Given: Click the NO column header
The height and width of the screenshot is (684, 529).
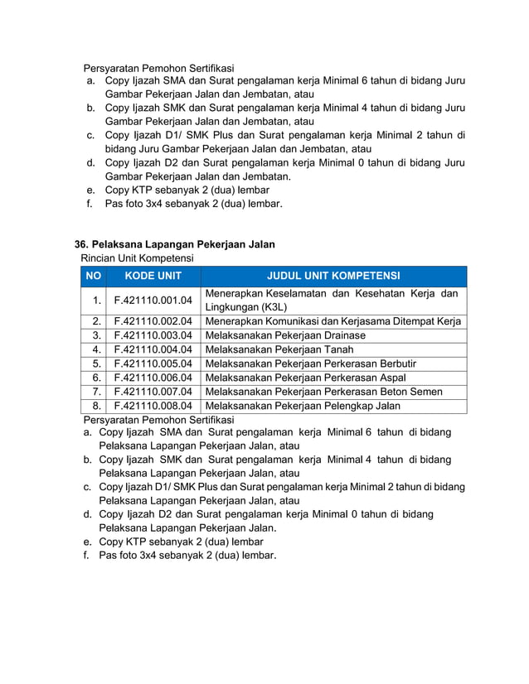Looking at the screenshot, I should (x=94, y=276).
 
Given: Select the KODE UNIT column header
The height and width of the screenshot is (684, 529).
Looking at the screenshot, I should (x=153, y=276).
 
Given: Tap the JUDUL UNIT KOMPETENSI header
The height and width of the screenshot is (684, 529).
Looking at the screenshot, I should (x=333, y=276).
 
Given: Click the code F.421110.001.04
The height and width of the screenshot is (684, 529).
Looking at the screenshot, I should (x=153, y=300).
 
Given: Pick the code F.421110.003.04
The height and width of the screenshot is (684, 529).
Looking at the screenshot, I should (x=153, y=335).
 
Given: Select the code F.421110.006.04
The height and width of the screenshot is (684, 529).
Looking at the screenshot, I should (x=153, y=378).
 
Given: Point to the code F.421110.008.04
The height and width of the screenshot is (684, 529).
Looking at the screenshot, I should (x=153, y=406).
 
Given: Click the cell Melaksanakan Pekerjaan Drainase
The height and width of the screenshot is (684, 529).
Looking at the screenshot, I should (x=285, y=335).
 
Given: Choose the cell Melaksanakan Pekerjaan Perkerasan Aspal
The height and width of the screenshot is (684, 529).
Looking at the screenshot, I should (x=305, y=378).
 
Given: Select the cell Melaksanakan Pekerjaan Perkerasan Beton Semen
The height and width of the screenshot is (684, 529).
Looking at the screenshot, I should (x=323, y=392).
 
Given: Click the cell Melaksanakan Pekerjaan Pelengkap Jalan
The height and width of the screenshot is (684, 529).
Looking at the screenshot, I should (x=303, y=406).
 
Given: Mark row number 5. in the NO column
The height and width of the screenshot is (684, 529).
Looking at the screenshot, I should (x=97, y=364).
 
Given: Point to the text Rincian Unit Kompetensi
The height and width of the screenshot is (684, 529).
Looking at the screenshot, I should (x=137, y=258).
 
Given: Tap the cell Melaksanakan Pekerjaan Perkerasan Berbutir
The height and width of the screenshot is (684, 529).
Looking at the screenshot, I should (x=310, y=364).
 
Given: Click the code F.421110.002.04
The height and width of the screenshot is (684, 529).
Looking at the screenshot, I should (x=153, y=321).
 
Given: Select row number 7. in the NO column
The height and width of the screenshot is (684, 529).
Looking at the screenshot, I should (x=97, y=392).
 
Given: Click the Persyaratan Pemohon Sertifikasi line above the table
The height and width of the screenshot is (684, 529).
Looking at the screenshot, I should (x=158, y=67).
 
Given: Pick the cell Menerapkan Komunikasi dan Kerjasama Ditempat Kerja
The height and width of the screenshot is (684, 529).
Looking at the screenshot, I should (x=332, y=321).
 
